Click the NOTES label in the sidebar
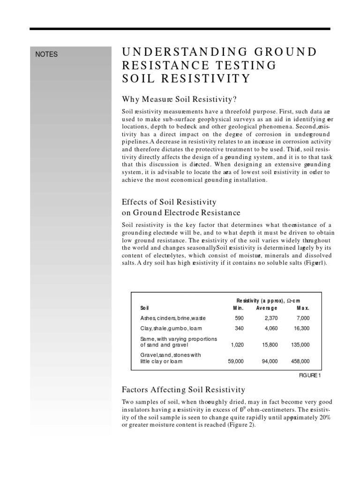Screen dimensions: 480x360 (x=47, y=54)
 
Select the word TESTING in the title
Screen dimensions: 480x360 (x=237, y=65)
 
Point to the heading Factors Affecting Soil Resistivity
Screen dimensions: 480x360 (x=184, y=389)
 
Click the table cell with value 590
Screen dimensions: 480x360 (x=239, y=318)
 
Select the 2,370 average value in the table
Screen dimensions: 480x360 (x=269, y=318)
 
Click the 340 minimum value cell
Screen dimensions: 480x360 (x=239, y=329)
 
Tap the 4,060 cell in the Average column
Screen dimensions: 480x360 (x=269, y=329)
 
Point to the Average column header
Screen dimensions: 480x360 (x=267, y=308)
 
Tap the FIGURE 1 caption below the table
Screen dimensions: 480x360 (x=310, y=375)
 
